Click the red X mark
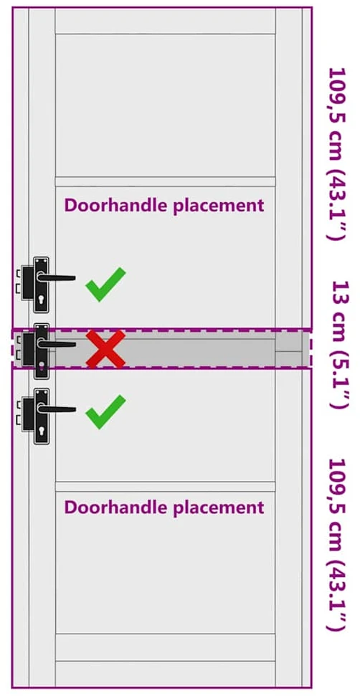click(x=105, y=349)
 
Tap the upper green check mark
click(x=105, y=285)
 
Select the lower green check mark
click(x=105, y=412)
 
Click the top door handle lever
click(x=56, y=278)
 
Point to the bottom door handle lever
click(x=56, y=409)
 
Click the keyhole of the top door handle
click(x=42, y=300)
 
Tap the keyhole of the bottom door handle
click(x=42, y=431)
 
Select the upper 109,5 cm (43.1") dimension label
click(x=336, y=153)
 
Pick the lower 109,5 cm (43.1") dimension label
click(x=336, y=544)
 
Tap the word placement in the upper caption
click(x=219, y=206)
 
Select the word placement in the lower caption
click(x=219, y=507)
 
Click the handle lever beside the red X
click(x=56, y=343)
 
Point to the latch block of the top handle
click(x=27, y=282)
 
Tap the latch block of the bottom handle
click(x=27, y=414)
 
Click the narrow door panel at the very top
click(x=165, y=20)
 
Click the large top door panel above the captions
click(x=165, y=105)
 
